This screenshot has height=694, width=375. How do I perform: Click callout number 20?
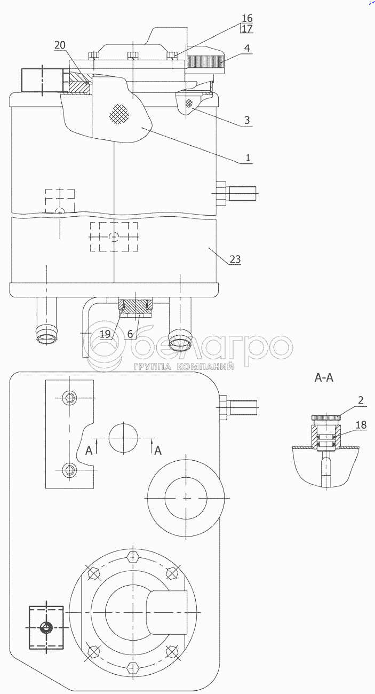click(60, 45)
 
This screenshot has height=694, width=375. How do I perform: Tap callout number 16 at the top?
click(247, 18)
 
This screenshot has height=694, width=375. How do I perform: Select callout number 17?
click(247, 29)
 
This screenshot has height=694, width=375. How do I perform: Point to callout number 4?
click(247, 48)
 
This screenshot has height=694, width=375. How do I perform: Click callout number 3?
click(247, 120)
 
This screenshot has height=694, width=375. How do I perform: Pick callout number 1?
click(248, 157)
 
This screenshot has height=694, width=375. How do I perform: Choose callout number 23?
click(235, 259)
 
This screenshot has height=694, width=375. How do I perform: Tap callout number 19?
click(105, 334)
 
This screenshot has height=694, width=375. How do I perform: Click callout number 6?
click(130, 334)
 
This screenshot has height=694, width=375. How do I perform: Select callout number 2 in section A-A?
click(361, 400)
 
